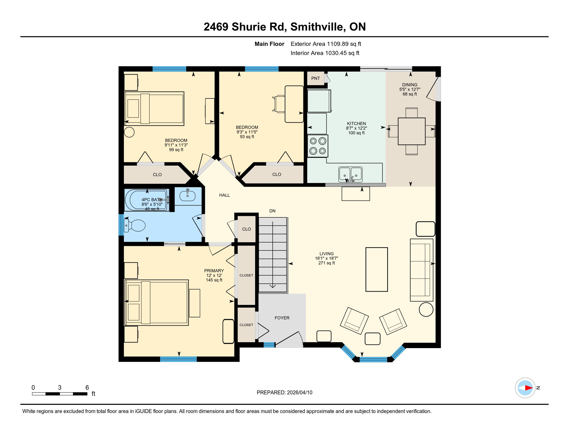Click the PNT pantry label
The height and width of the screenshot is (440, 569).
coord(315,78)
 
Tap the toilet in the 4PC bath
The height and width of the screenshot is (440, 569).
coord(136,225)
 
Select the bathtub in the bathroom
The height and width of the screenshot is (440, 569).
coord(147,200)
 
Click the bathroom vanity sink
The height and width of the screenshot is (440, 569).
coord(187,196)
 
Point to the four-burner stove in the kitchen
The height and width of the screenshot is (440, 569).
coord(318,146)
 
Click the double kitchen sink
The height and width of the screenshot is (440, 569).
coord(350,174)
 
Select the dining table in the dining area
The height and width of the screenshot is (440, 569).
coord(411,131)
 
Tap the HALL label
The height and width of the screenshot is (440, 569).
coord(224,195)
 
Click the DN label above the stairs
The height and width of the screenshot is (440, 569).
coord(272,211)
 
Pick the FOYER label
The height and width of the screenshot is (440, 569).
coord(282,318)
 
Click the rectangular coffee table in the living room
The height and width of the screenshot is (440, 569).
coord(376,269)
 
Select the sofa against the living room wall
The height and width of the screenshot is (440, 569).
coord(421,270)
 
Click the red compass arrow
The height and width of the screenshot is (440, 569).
coord(528,388)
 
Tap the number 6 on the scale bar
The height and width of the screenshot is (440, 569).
coord(87,388)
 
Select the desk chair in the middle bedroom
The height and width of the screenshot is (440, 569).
coord(279,104)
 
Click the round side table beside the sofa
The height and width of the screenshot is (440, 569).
coord(426,310)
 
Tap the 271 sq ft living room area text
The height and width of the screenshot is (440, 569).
coord(326,263)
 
